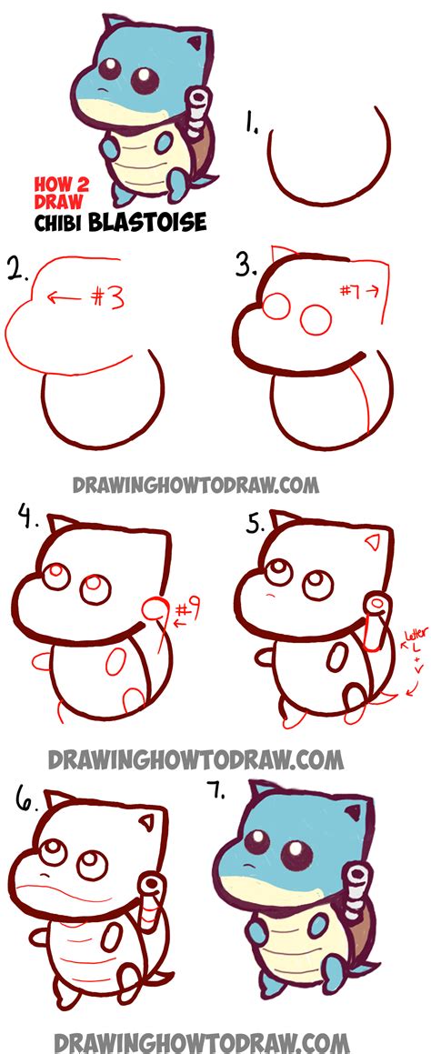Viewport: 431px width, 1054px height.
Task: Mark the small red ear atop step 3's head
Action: (281, 252)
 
